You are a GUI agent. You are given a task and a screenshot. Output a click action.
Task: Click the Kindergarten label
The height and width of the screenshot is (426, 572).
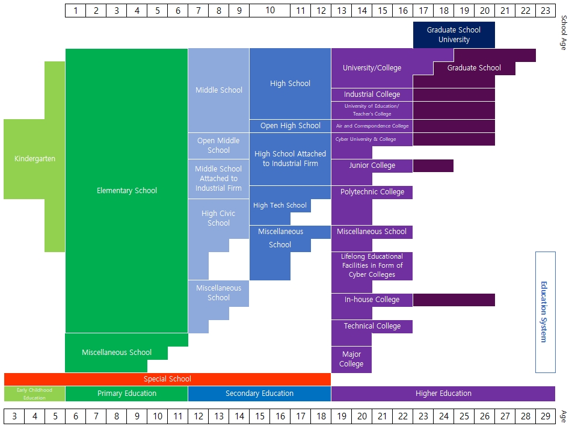pos(35,159)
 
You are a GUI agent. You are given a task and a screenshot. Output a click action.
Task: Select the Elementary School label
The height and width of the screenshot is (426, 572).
pos(127,191)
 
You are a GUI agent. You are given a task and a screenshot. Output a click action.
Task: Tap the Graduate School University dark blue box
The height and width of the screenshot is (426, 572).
pos(454,35)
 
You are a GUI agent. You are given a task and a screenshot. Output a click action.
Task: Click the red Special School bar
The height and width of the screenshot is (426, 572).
pos(167,379)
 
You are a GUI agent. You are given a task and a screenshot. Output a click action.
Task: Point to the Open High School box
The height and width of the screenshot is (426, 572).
pos(291,126)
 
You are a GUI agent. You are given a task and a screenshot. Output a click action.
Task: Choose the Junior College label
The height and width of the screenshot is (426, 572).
pos(372,165)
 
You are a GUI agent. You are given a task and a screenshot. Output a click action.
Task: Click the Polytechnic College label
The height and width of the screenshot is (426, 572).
pos(372,192)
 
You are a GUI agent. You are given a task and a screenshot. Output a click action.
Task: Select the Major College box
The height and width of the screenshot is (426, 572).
pos(351,359)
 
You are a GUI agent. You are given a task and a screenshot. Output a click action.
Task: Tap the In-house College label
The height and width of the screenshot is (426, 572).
pos(372,300)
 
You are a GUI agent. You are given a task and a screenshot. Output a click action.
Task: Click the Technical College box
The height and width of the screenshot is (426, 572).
pos(372,326)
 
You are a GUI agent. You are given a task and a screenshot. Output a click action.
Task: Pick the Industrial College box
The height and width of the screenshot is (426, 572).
pos(372,94)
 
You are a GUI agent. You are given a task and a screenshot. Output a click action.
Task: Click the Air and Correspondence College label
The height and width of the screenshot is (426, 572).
pos(372,126)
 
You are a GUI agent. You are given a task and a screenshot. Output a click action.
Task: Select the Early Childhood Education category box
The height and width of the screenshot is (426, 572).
pos(34,394)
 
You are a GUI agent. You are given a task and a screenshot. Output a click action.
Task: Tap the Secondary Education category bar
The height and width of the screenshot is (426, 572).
pos(259,394)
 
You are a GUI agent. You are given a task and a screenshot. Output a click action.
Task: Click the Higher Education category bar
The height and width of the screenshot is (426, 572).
pos(443,394)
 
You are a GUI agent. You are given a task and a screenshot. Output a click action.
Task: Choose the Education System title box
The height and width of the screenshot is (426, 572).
pos(545,312)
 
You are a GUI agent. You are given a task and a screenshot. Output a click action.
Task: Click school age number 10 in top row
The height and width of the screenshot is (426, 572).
pos(270,10)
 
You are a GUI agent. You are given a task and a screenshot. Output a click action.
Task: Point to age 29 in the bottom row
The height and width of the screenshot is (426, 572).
pos(545,416)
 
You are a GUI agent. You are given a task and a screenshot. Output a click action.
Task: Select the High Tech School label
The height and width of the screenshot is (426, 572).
pos(280,205)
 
